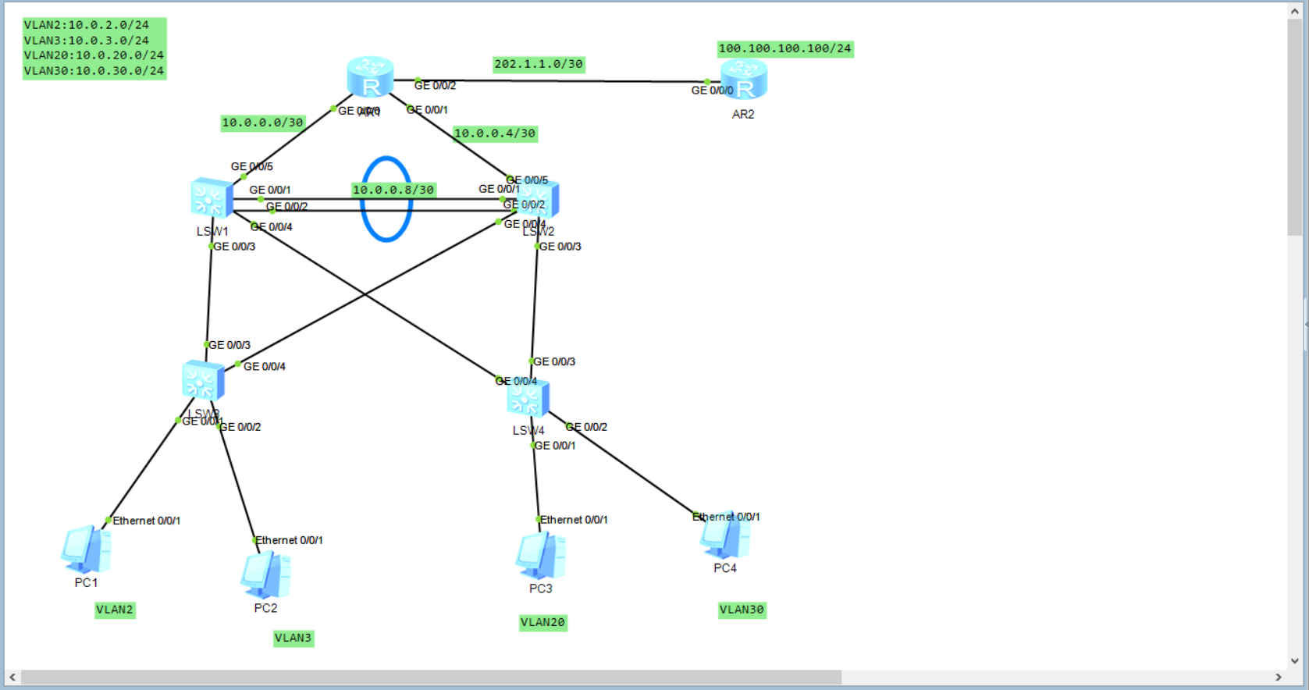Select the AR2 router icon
(x=744, y=80)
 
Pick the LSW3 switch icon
(x=203, y=381)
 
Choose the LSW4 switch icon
(x=528, y=399)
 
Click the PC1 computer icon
(x=86, y=550)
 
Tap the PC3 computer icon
(x=540, y=556)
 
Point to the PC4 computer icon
(x=725, y=537)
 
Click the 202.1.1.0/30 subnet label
(x=539, y=64)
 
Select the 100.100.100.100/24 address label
(x=784, y=48)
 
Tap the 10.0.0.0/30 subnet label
(x=262, y=123)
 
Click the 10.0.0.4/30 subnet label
(x=495, y=133)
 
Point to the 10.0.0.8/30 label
(x=393, y=190)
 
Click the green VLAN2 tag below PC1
(x=115, y=610)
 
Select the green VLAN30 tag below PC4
(x=742, y=610)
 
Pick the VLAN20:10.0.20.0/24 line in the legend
(x=94, y=55)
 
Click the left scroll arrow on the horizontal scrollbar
(x=12, y=677)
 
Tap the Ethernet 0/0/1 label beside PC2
(x=289, y=540)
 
